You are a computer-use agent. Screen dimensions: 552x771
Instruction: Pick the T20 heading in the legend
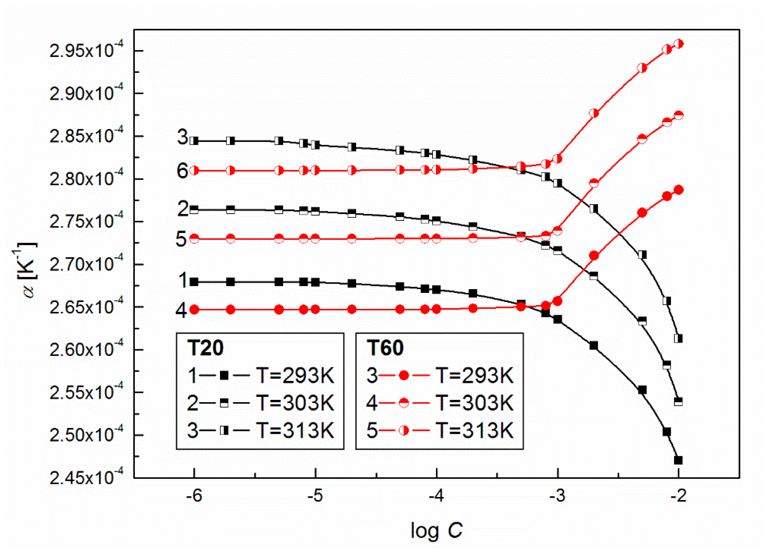click(x=205, y=348)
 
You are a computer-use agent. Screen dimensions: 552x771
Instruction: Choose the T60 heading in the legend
click(x=385, y=348)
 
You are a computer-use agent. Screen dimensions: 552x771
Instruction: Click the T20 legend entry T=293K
click(x=295, y=376)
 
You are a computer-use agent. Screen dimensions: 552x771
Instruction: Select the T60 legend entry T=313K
click(x=474, y=430)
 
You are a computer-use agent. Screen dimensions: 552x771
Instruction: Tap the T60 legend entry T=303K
click(x=474, y=403)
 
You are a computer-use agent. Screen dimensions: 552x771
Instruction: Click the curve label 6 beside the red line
click(x=182, y=171)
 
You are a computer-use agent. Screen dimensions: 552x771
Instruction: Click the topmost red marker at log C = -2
click(x=679, y=44)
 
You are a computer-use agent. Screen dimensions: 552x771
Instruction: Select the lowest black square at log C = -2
click(x=678, y=460)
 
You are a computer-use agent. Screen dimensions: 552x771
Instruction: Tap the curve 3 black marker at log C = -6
click(x=194, y=141)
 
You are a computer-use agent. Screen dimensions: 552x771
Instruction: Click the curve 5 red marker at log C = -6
click(x=194, y=239)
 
